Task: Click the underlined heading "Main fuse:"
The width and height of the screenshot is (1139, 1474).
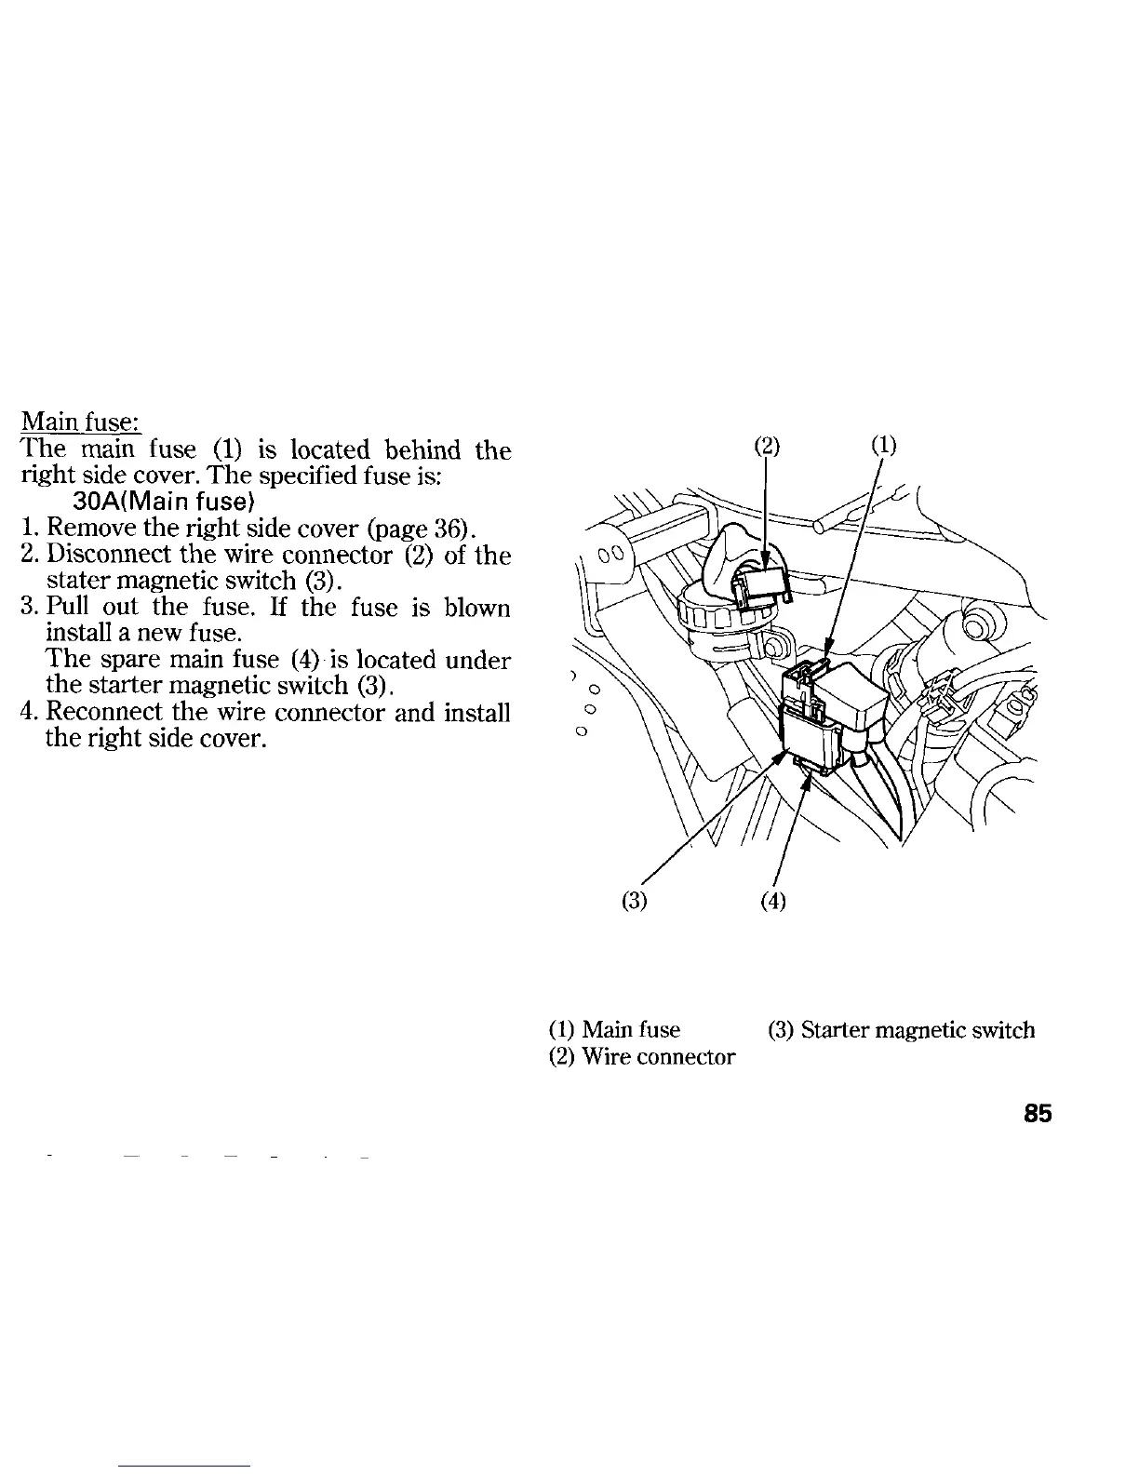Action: (80, 423)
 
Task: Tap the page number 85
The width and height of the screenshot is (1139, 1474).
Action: (1037, 1114)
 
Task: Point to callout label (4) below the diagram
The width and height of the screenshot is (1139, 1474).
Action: (773, 901)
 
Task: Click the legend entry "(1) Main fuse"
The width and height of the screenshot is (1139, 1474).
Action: (614, 1030)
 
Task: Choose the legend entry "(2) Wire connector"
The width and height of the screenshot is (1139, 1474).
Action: (642, 1057)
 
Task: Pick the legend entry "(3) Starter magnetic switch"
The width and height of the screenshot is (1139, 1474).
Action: (901, 1030)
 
